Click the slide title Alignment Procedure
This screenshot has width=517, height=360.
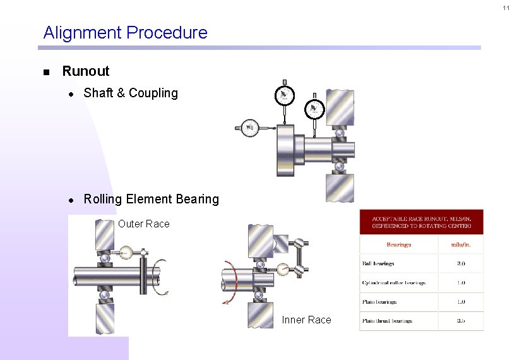click(125, 32)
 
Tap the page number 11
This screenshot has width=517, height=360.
click(506, 8)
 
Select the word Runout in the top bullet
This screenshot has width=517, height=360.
click(86, 71)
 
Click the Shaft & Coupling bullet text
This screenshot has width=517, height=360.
click(131, 93)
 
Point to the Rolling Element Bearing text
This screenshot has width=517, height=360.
click(151, 200)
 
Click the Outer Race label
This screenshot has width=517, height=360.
click(144, 224)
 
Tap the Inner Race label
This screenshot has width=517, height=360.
click(306, 320)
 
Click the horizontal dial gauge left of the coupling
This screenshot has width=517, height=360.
click(251, 128)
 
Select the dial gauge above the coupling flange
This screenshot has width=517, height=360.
click(285, 95)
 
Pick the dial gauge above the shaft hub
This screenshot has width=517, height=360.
click(314, 109)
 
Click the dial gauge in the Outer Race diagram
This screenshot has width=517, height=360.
click(126, 253)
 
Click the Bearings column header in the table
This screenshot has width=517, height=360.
click(398, 244)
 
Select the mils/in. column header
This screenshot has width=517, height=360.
click(461, 244)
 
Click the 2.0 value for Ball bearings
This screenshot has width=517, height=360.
click(461, 263)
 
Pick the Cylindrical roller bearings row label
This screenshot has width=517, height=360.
click(393, 282)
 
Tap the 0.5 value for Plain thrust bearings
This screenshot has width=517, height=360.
click(461, 321)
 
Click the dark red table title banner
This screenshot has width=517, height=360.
click(421, 221)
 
